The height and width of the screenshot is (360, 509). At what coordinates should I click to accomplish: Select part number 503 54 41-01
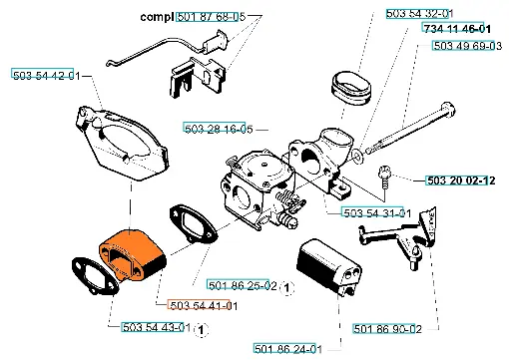tap(204, 305)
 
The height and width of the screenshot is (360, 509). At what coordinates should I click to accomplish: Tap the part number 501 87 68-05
tap(212, 16)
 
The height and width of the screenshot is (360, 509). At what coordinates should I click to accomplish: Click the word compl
tap(157, 17)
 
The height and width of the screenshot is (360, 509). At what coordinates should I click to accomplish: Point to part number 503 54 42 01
tap(47, 76)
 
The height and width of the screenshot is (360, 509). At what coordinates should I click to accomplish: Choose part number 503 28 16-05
tap(219, 129)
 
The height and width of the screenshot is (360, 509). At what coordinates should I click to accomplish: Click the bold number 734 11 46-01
tap(457, 29)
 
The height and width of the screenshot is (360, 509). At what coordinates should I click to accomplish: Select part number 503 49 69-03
tap(468, 46)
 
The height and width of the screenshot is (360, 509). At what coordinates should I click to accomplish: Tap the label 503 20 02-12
tap(461, 180)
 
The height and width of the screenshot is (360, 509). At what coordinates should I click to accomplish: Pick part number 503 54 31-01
tap(377, 212)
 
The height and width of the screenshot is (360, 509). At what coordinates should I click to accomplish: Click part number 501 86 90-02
tap(387, 329)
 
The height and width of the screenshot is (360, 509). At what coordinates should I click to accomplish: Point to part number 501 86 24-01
tap(288, 349)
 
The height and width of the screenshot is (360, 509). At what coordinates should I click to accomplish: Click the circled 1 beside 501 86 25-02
tap(286, 287)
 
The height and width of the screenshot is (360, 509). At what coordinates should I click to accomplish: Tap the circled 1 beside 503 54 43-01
tap(201, 330)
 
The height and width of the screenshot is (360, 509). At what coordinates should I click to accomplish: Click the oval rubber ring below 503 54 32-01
tap(351, 88)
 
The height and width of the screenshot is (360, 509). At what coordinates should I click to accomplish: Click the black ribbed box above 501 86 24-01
tap(328, 267)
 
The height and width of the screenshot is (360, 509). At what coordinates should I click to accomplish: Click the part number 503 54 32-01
tap(420, 14)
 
